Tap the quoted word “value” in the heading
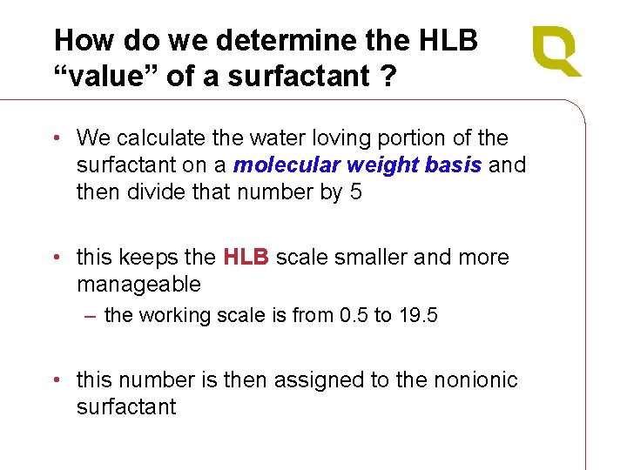(104, 76)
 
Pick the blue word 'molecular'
(287, 164)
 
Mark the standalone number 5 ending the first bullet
(355, 191)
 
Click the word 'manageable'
(138, 285)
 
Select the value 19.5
(417, 315)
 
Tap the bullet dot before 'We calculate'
(56, 138)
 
